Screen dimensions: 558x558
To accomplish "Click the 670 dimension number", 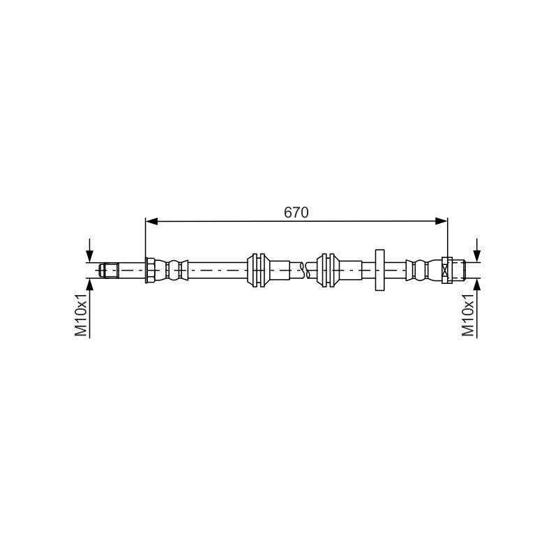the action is pyautogui.click(x=296, y=213).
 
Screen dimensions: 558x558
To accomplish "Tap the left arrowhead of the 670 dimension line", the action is pyautogui.click(x=151, y=221).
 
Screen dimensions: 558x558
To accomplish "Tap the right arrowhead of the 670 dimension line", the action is pyautogui.click(x=442, y=221).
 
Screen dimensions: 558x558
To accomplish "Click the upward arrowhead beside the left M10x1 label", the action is pyautogui.click(x=90, y=285).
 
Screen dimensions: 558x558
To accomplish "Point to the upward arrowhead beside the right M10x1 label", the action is pyautogui.click(x=477, y=285).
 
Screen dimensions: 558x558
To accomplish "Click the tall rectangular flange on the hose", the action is pyautogui.click(x=379, y=270).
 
